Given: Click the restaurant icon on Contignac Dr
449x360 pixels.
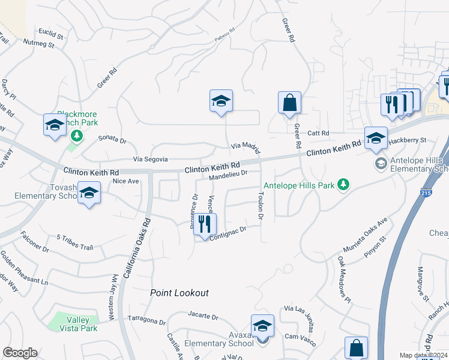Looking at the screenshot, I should coord(205,225).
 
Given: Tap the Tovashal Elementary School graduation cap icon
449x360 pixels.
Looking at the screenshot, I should coord(89,193).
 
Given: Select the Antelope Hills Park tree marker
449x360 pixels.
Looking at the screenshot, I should coord(343,185).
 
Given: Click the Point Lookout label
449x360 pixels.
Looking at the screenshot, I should coord(179,293).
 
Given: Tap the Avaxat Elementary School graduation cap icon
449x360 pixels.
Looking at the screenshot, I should coord(262,326).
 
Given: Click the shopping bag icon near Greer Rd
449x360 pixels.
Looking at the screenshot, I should coord(289,103).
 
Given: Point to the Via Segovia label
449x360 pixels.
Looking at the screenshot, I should coord(150,159).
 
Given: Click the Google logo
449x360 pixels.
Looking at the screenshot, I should coord(20,353).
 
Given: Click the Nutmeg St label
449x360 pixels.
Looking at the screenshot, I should coord(39,43).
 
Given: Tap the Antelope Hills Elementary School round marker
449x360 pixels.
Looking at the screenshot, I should coord(380,163).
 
